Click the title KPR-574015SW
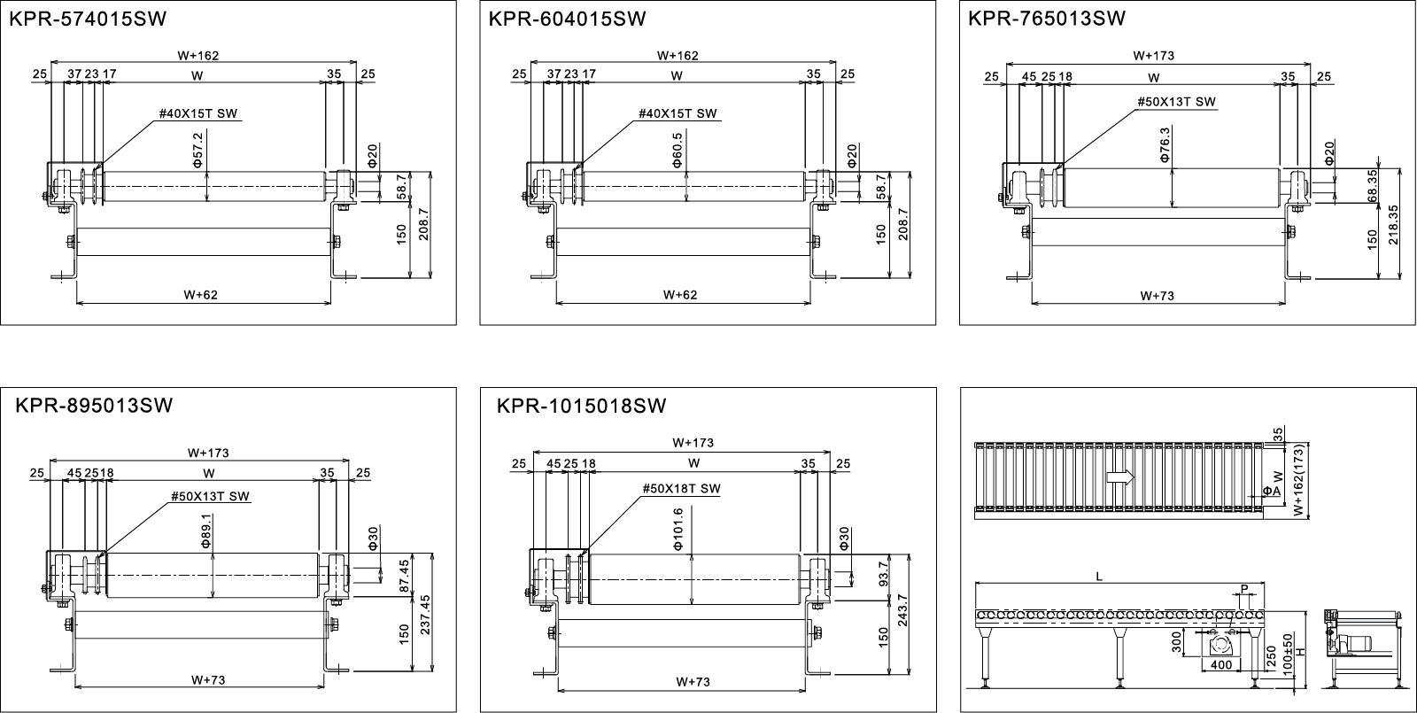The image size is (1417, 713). pos(87,19)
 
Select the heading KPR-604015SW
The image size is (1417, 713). pos(567,19)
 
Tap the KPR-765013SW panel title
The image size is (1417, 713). pos(1047,19)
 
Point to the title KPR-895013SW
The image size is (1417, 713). pos(94,406)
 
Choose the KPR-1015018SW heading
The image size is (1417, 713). pos(581,407)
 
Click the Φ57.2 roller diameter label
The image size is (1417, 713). pos(197,147)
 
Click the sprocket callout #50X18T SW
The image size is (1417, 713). pos(681,488)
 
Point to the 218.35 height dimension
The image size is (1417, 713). pos(1393,226)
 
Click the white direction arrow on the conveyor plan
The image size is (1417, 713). pos(1121,477)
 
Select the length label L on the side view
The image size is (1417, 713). pos(1098,577)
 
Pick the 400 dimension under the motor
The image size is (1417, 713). pos(1220,664)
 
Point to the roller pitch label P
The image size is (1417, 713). pos(1244,588)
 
